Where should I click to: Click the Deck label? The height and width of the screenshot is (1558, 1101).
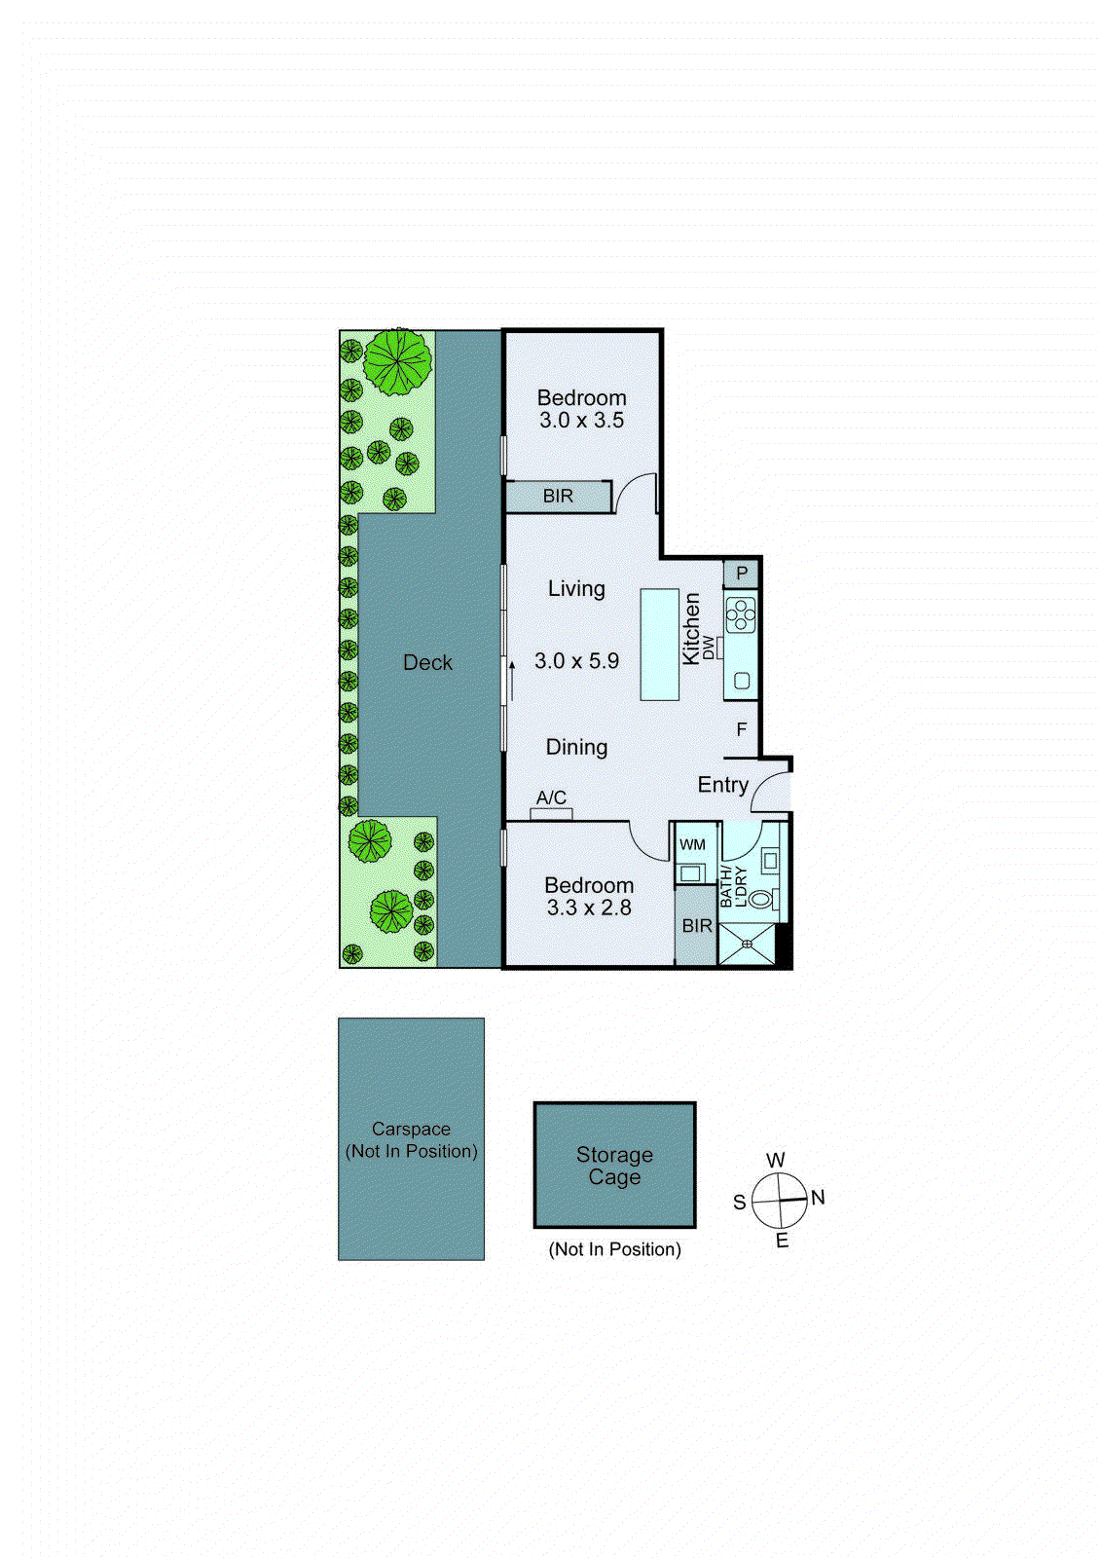(427, 663)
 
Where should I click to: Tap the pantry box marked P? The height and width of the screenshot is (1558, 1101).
(741, 574)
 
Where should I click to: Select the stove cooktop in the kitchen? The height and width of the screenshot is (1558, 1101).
(741, 614)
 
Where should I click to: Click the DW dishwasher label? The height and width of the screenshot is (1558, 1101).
(709, 647)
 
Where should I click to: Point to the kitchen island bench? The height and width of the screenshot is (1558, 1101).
(659, 644)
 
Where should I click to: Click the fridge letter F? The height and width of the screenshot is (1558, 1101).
(742, 729)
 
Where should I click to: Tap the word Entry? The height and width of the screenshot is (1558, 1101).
(722, 785)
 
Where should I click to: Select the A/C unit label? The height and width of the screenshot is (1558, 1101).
(551, 798)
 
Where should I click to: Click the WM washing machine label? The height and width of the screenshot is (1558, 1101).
(692, 844)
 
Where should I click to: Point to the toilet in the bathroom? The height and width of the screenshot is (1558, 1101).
(760, 898)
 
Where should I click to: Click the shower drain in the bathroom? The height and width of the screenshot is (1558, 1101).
(747, 943)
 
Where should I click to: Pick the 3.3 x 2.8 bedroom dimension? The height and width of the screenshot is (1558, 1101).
(589, 908)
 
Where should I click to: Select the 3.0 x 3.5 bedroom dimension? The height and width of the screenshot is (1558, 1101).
(581, 421)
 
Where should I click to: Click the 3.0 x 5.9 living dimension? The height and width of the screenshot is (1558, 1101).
(576, 661)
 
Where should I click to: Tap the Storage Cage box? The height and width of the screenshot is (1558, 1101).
(614, 1165)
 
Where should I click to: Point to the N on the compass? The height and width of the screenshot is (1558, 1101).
(818, 1198)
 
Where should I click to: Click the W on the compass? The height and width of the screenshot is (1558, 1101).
(775, 1161)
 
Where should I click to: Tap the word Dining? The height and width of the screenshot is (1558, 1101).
(576, 747)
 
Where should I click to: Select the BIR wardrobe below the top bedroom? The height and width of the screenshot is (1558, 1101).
(558, 497)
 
